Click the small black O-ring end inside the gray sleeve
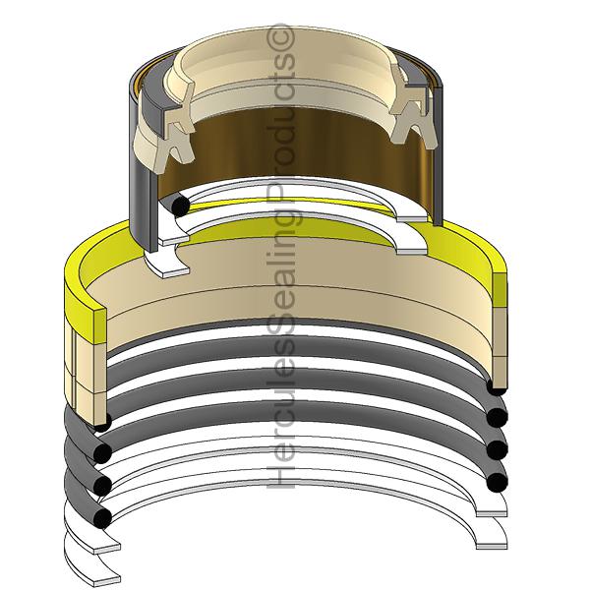(x=178, y=206)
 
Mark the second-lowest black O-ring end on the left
(x=101, y=482)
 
